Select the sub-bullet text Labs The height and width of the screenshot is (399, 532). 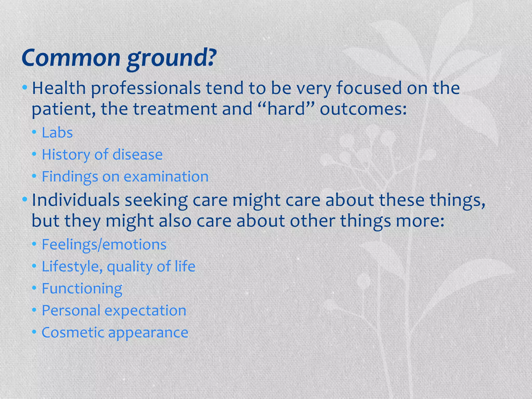click(x=57, y=133)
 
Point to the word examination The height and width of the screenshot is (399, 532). click(x=166, y=177)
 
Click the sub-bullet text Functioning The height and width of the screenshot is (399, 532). click(x=82, y=289)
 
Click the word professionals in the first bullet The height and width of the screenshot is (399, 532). click(x=146, y=89)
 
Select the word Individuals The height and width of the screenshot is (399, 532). click(x=76, y=200)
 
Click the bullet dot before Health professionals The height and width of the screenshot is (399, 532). click(x=25, y=88)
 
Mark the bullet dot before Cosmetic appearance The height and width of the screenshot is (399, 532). click(x=34, y=332)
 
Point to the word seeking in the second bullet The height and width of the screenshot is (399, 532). click(x=156, y=201)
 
